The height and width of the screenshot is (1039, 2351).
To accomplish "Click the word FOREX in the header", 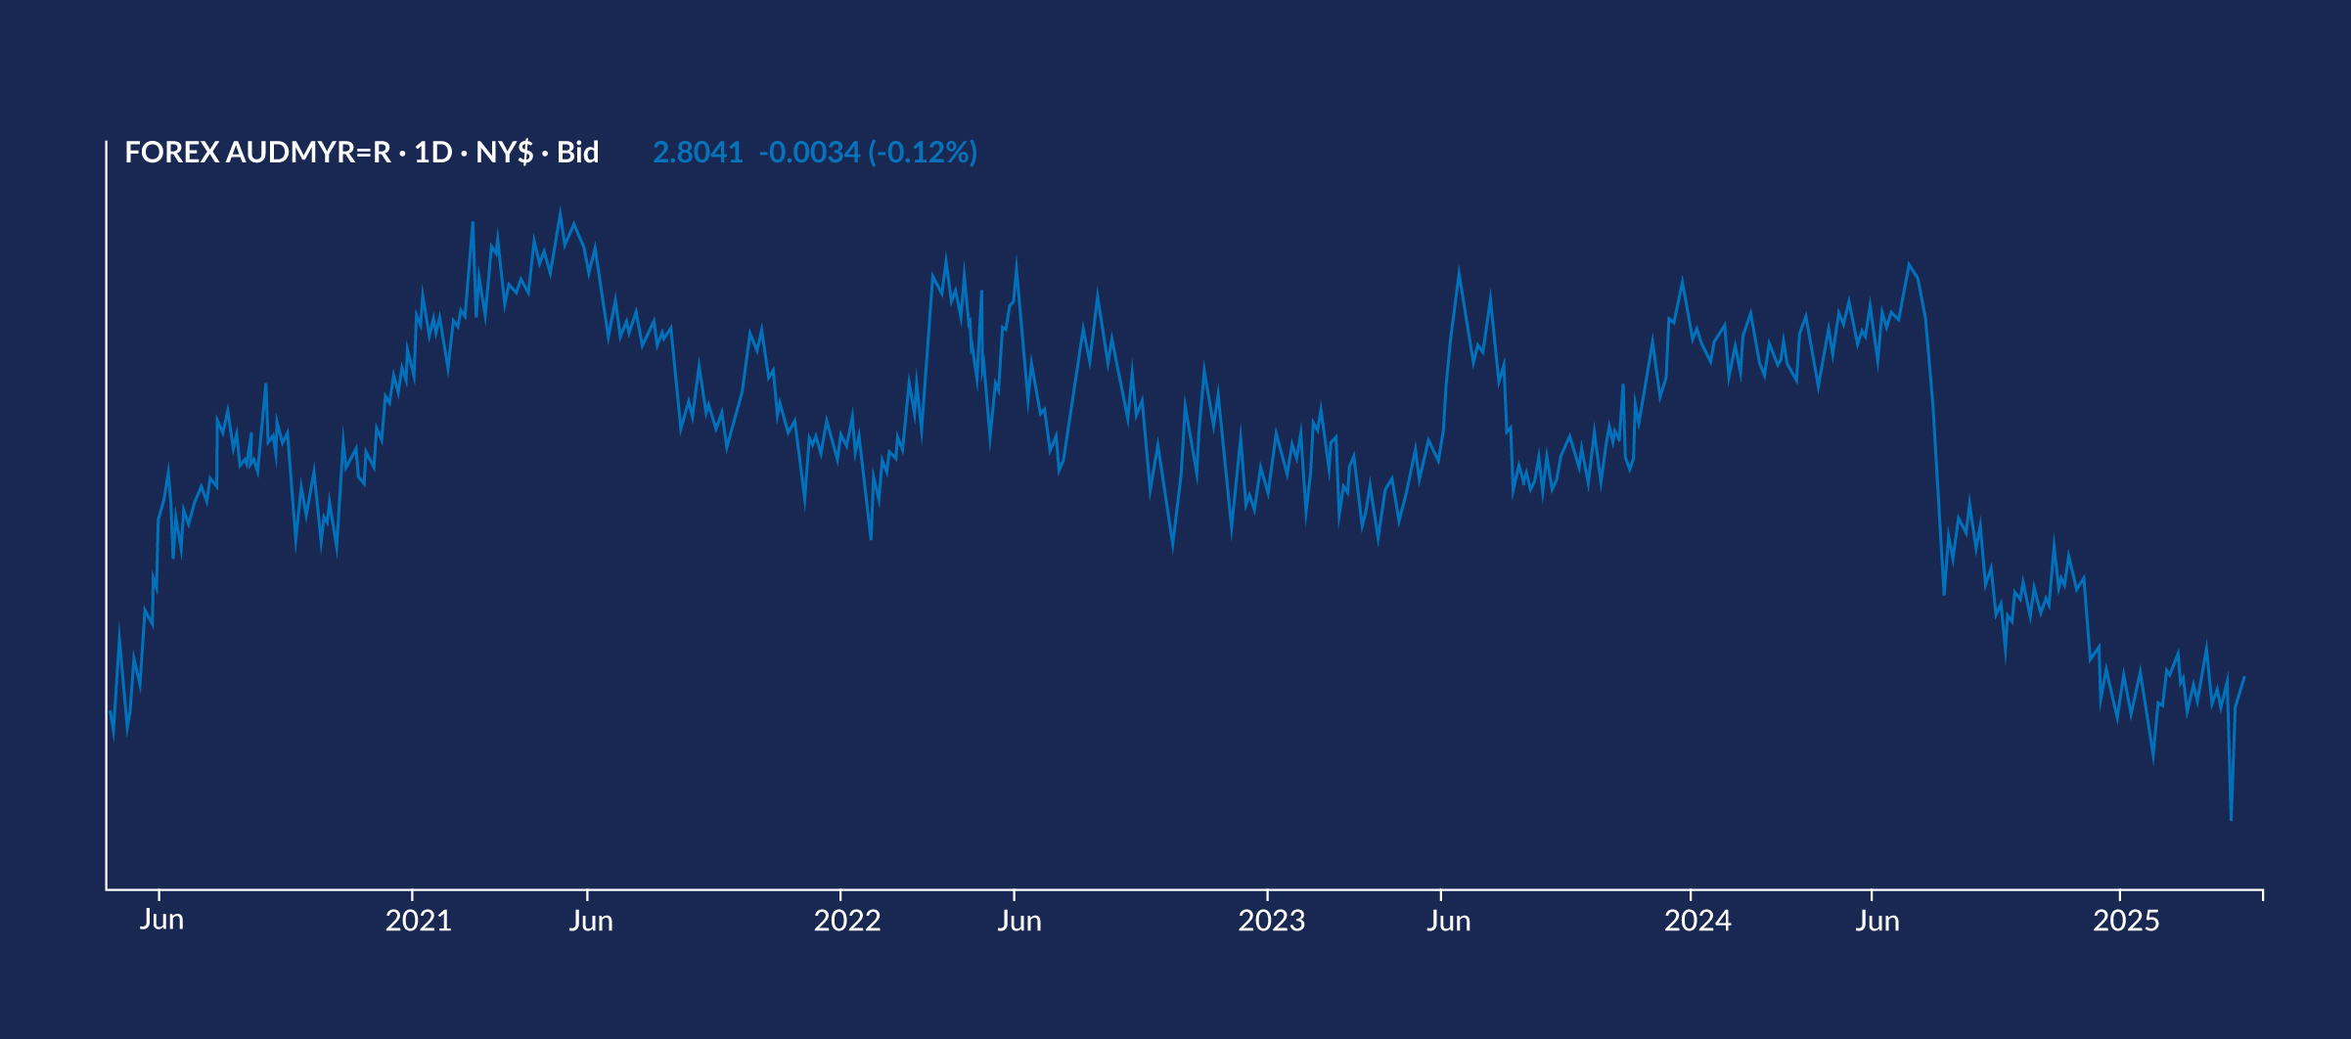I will (171, 153).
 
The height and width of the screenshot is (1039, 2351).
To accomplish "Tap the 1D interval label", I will (432, 153).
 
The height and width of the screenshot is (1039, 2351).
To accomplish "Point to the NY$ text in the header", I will (504, 153).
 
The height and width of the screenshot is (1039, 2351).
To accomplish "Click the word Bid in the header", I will (577, 153).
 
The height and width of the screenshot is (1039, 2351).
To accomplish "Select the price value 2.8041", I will (698, 153).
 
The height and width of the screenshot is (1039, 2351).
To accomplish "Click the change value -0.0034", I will (809, 153).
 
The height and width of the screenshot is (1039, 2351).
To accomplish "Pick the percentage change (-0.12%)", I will (923, 153).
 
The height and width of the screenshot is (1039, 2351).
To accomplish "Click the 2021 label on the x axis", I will (418, 921).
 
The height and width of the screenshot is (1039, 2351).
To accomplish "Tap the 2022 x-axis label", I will (846, 921).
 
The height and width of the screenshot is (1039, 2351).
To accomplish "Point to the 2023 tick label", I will (1271, 921).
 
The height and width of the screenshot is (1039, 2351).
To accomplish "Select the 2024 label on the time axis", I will (1697, 921).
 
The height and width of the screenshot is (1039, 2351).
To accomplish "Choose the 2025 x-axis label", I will (2126, 921).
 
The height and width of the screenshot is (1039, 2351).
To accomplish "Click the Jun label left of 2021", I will (161, 920).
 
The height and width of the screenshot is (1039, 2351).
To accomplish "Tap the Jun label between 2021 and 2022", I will (591, 921).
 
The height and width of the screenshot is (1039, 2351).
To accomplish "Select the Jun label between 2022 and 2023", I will (1018, 921).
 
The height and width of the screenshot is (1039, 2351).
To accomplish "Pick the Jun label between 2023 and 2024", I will (1448, 921).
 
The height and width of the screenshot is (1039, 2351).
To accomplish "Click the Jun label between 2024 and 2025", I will (1876, 921).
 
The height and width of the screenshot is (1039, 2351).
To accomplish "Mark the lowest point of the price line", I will (2231, 819).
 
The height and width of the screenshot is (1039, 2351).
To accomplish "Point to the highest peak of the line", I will (560, 209).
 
